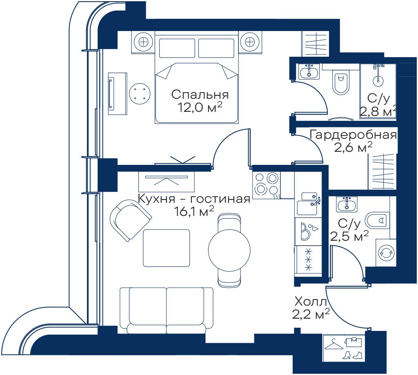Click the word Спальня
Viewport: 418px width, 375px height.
[200, 95]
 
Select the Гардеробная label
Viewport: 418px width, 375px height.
[353, 135]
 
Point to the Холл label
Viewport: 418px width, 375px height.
[311, 302]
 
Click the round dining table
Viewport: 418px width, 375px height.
[229, 250]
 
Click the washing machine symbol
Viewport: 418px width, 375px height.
[386, 253]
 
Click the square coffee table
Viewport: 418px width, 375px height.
[167, 248]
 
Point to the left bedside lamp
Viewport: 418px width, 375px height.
[143, 42]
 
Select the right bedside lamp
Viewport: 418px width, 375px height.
[250, 42]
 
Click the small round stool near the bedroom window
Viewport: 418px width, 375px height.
[140, 93]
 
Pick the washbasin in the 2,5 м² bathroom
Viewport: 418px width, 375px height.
[347, 204]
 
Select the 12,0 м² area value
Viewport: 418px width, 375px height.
[200, 107]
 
